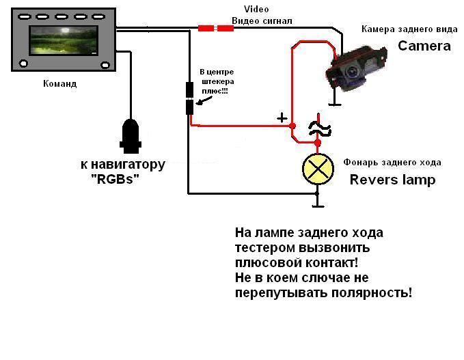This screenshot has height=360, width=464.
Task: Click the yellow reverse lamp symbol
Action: coord(318,169)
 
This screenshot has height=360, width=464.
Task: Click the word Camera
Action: coord(424,46)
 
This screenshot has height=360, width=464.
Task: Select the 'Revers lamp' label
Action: coord(392,180)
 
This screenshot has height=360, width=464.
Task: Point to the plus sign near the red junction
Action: coord(282,117)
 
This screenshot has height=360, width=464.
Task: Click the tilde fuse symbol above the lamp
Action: coord(317,126)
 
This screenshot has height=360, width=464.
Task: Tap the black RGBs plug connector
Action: coord(130,135)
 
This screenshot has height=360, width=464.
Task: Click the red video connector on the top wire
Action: coord(215,28)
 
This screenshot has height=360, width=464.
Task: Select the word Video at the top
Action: coord(257,9)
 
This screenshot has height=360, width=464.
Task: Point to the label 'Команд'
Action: coord(59,84)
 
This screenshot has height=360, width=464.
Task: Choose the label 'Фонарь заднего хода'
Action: coord(392,163)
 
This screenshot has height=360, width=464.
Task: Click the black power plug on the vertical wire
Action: coord(189,98)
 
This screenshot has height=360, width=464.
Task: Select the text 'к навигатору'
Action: coord(122,165)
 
